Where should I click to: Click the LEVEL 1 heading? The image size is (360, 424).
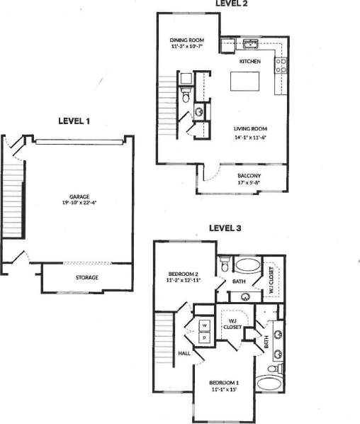74,121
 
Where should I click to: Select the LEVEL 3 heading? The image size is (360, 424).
225,228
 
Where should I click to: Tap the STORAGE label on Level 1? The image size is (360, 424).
86,277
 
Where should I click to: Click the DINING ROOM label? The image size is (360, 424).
186,40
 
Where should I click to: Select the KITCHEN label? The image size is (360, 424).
250,62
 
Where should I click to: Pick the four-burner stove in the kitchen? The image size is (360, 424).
281,65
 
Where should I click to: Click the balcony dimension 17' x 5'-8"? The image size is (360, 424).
249,183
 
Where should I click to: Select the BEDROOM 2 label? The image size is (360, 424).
184,274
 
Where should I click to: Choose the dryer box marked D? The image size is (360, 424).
204,337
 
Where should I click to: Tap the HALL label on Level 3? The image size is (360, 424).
184,352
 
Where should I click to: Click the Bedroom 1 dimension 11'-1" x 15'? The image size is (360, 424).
224,389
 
